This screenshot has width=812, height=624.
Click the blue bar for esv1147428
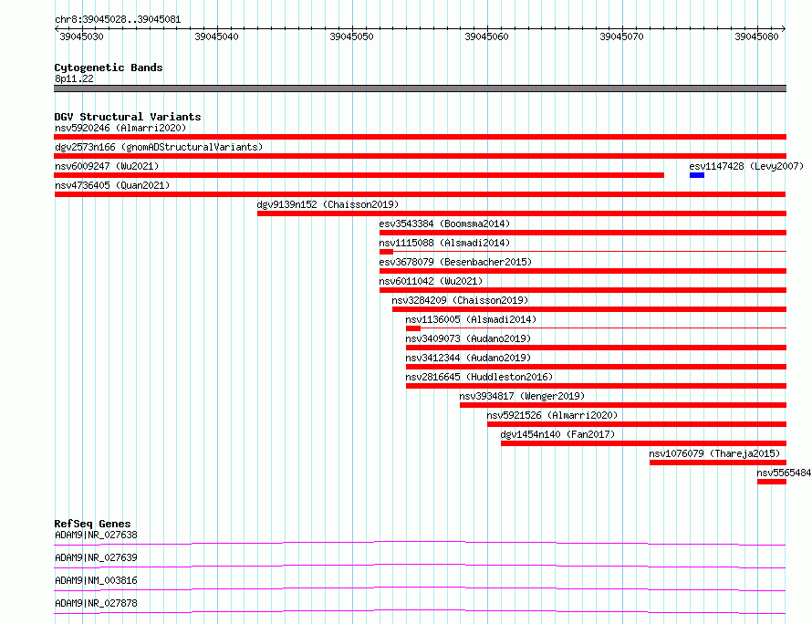tap(696, 175)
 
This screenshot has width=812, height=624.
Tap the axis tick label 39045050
tap(351, 36)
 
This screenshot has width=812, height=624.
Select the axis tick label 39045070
tap(621, 36)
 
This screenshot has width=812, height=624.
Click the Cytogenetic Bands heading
tap(109, 68)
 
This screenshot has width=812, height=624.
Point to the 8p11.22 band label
tap(74, 78)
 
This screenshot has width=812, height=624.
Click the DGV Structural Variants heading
tap(128, 117)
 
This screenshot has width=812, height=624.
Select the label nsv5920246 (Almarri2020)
tap(120, 128)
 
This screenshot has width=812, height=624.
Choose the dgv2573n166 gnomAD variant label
tap(159, 147)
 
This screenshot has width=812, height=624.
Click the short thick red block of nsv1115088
tap(386, 252)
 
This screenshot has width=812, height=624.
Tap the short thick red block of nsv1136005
tap(413, 328)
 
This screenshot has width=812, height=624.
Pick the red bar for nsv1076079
tap(718, 463)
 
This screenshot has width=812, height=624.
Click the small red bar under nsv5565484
tap(772, 482)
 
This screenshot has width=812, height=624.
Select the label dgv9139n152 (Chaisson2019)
tap(328, 204)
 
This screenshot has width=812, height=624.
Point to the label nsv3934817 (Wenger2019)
tap(522, 396)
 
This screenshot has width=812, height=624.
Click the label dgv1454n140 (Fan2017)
tap(557, 434)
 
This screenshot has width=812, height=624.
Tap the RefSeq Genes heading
tap(92, 524)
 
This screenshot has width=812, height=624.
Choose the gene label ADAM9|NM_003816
tap(96, 580)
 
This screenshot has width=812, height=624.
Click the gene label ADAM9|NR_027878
tap(96, 603)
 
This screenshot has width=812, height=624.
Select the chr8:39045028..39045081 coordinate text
tap(118, 20)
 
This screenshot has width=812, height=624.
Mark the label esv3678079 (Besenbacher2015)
tap(455, 262)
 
